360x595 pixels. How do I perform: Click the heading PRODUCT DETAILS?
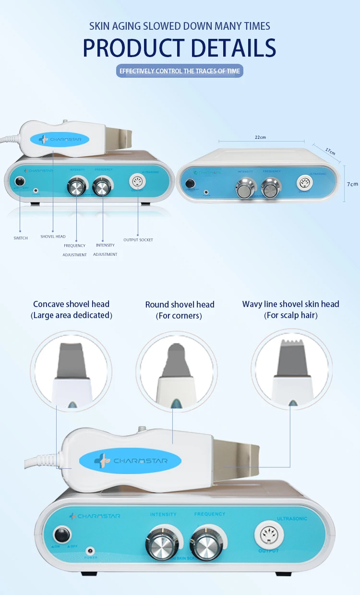(x=180, y=48)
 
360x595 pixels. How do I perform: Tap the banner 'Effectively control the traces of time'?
(x=180, y=71)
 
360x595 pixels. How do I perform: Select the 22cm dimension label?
(x=260, y=137)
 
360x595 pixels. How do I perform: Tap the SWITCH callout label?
(x=21, y=238)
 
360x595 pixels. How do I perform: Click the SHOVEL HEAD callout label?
(x=53, y=237)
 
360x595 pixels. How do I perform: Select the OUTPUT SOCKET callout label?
(x=138, y=240)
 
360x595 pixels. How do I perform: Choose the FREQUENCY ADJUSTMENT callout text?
(x=74, y=250)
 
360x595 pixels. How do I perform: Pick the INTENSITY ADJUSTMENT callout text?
(x=105, y=250)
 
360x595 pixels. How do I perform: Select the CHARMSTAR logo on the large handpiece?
(x=130, y=462)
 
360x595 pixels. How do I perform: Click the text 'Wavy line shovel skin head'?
(x=291, y=304)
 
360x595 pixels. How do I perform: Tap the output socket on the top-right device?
(x=303, y=183)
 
